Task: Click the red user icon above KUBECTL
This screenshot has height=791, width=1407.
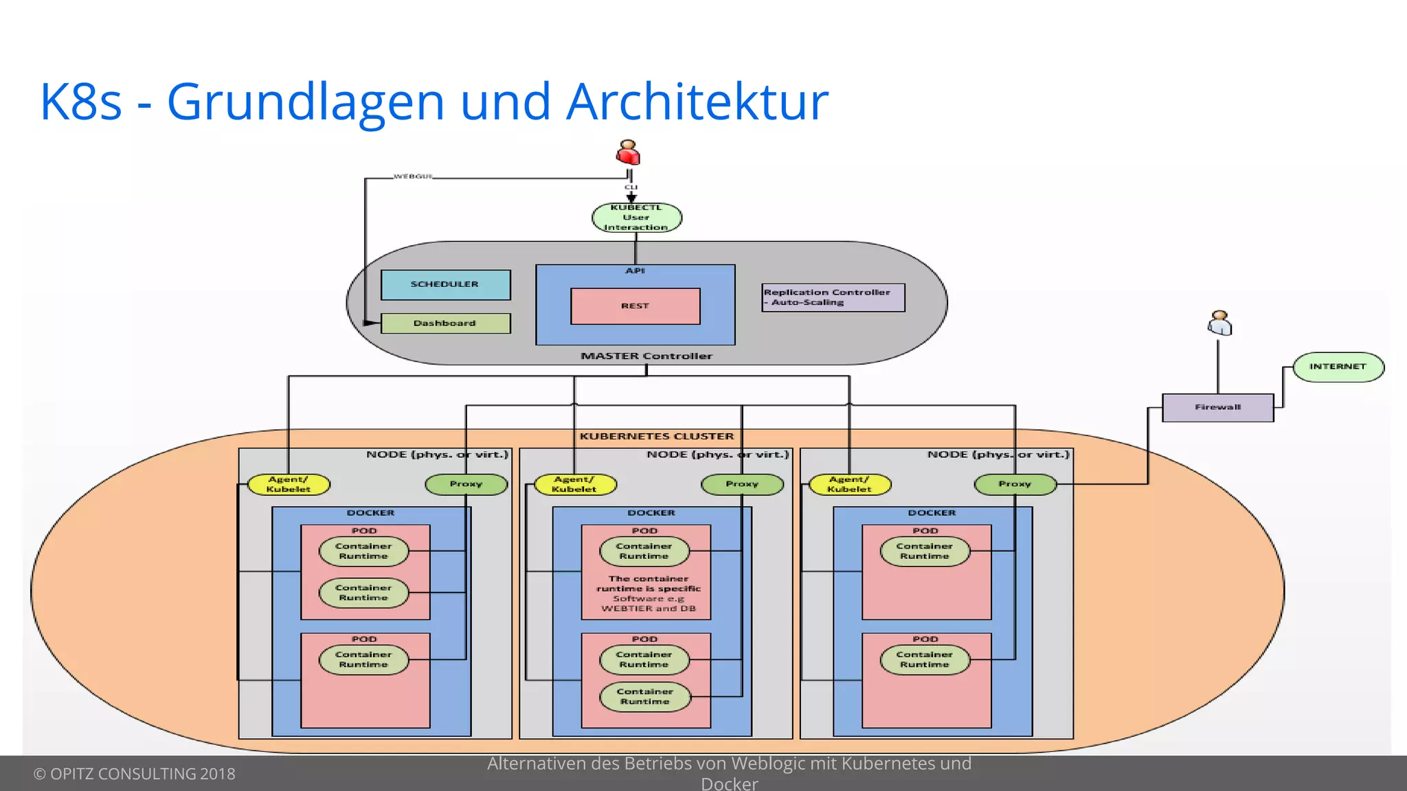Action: pos(628,153)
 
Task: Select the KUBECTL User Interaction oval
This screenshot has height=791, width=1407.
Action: pos(636,218)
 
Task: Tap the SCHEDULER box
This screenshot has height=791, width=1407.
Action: pos(445,284)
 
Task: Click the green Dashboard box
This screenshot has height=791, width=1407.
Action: pos(445,323)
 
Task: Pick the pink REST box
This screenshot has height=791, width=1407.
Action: pos(635,306)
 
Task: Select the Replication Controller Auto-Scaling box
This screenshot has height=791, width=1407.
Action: pos(833,297)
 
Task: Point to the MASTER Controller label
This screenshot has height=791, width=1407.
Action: pos(646,356)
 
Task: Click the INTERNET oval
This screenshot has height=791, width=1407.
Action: pos(1338,367)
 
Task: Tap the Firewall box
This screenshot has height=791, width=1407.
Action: pos(1217,407)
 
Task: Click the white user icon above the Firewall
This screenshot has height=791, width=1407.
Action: pos(1219,323)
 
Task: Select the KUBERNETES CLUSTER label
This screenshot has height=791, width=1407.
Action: pos(656,436)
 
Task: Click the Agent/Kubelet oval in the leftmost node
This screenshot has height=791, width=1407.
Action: pos(289,485)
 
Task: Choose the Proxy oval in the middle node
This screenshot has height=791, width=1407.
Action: pos(742,484)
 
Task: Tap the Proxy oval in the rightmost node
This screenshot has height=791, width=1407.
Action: pos(1015,484)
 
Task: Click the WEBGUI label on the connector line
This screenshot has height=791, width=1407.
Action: pos(413,176)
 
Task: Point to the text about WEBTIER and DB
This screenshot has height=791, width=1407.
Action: pos(648,594)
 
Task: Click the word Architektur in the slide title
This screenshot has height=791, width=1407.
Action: pos(697,102)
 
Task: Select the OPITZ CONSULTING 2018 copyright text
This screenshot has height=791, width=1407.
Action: pos(135,774)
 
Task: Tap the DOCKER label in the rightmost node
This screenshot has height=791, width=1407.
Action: pos(932,513)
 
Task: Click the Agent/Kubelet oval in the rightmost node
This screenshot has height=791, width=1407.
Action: pos(849,485)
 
